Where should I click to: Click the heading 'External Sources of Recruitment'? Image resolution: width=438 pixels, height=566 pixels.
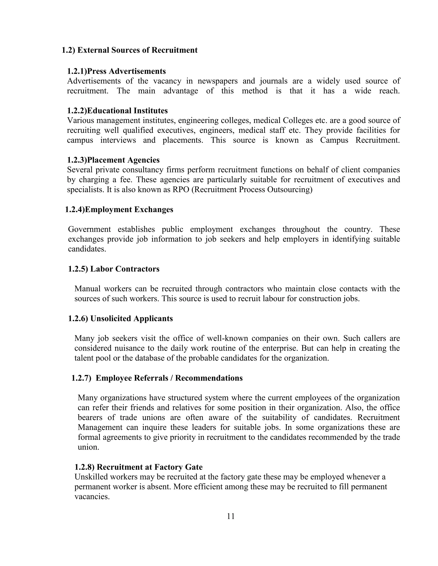coord(137,50)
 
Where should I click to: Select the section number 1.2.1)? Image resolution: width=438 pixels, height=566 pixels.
coord(77,71)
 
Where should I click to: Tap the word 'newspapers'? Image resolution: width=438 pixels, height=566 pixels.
coord(218,81)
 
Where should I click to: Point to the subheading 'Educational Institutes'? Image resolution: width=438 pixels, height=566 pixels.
coord(127,111)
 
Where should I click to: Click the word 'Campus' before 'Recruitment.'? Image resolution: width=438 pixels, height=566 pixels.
coord(334,140)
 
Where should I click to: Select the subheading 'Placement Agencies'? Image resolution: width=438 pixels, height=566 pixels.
coord(123,160)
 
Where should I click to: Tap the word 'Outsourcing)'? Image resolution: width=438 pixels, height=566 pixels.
coord(290,190)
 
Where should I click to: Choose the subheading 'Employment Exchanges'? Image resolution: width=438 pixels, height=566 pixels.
coord(129,209)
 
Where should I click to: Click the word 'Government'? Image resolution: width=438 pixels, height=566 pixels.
coord(89,229)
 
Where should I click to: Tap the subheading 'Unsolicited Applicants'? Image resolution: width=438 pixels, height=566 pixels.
coord(131,318)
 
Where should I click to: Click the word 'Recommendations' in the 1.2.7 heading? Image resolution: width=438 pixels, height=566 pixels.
coord(209,378)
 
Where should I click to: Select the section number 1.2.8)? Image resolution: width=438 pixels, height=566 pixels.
coord(85,467)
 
